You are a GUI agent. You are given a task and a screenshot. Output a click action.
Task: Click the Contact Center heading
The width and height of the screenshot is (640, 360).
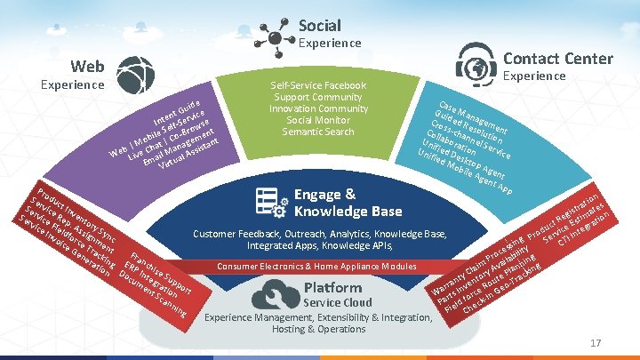point(557,59)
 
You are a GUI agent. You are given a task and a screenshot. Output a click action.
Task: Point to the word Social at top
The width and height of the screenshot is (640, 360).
point(319,25)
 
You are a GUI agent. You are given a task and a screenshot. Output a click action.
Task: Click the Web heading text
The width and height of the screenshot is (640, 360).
point(87,66)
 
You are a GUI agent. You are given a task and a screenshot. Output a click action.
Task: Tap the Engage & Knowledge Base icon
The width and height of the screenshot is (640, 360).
point(270,203)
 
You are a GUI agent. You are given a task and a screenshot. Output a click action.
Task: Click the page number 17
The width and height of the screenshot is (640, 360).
point(596,343)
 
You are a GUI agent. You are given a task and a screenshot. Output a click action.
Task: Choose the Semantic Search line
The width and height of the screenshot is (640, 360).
point(319,132)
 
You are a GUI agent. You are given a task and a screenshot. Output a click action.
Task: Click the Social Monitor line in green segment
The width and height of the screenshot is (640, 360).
point(319,120)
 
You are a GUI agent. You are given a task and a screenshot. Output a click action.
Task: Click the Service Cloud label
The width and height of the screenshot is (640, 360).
point(338,302)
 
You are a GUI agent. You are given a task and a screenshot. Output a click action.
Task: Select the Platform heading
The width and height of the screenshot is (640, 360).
point(332,287)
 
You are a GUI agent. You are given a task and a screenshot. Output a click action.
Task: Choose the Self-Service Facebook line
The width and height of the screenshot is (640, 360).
point(319,85)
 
